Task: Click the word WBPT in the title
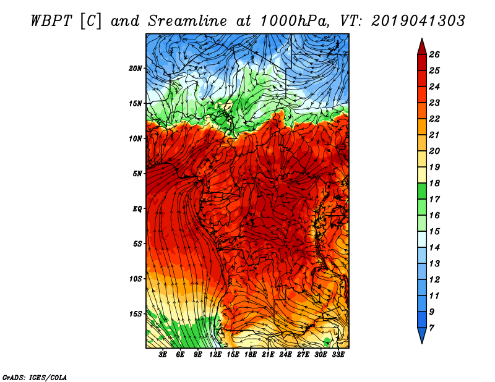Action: (x=52, y=21)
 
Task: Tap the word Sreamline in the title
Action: (x=187, y=21)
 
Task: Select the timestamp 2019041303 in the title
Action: (x=418, y=21)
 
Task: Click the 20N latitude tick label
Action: (x=135, y=69)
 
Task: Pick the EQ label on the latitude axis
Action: (x=137, y=209)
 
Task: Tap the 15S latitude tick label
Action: (x=136, y=314)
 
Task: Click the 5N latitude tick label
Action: (x=137, y=174)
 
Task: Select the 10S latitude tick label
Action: (x=136, y=279)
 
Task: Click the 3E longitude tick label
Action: (x=163, y=355)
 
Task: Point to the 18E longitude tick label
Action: (x=251, y=355)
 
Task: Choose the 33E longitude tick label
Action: (x=338, y=355)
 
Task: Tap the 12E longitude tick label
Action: (x=215, y=355)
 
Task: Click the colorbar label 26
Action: (x=434, y=54)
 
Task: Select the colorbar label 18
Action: (x=434, y=183)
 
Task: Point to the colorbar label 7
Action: (x=431, y=328)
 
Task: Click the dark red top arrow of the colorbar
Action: (x=422, y=48)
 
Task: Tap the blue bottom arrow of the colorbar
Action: (x=422, y=334)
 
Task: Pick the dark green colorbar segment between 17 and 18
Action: (x=422, y=191)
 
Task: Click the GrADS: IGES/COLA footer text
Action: (x=35, y=378)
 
